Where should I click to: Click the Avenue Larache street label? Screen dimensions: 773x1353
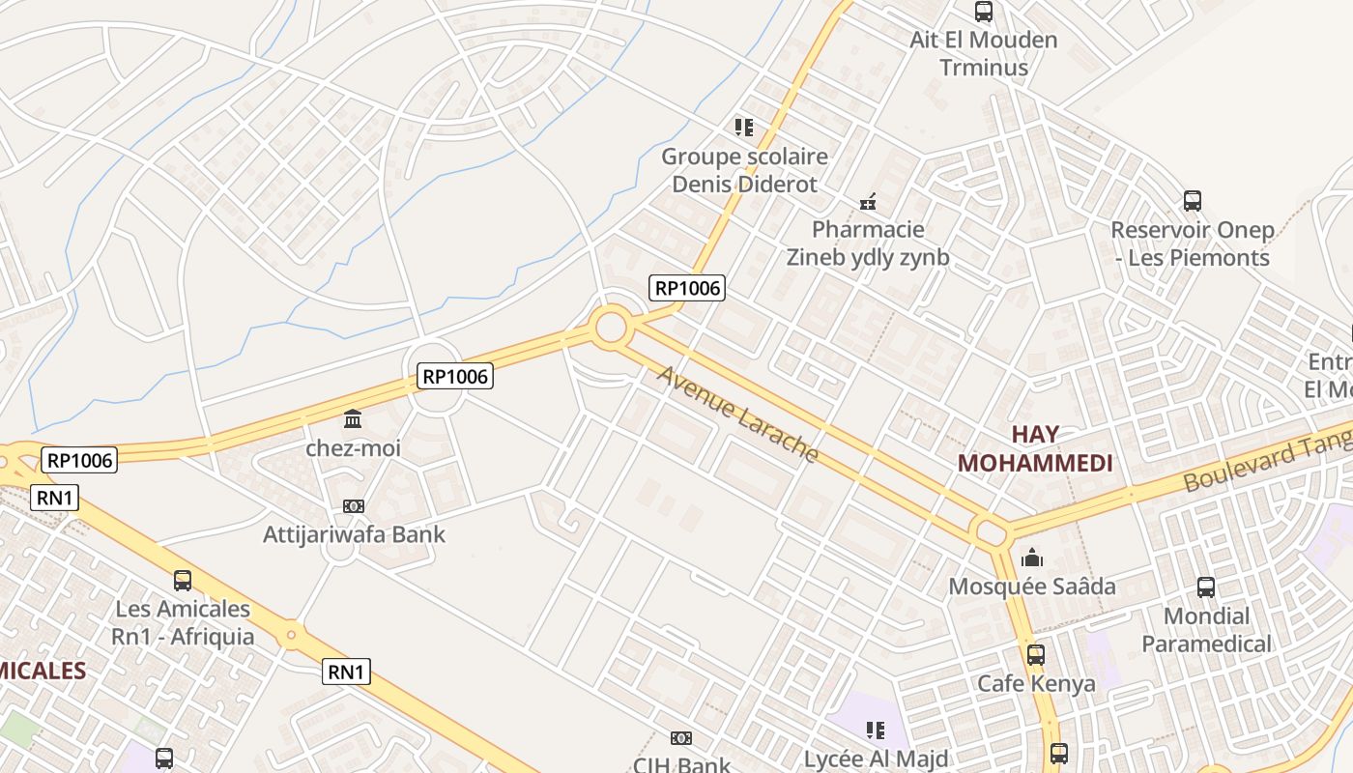[x=738, y=414]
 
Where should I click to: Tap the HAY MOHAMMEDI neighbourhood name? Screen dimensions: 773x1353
[x=1035, y=448]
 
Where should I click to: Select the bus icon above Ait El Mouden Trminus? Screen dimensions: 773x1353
[x=984, y=12]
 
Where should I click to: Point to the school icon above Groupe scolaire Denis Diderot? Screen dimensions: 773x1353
[x=743, y=127]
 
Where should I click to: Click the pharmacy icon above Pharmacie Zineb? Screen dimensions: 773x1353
[x=868, y=202]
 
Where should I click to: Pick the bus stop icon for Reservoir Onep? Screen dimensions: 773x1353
[x=1193, y=201]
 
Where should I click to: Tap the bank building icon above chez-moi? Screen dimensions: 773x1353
[x=353, y=419]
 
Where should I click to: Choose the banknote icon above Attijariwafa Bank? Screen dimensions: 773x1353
[x=353, y=505]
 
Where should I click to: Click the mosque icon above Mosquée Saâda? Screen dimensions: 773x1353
[x=1032, y=558]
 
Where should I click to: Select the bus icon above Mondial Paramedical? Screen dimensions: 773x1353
[x=1206, y=587]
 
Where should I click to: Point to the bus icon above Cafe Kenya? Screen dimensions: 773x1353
[x=1036, y=654]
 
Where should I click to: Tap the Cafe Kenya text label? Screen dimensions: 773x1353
[x=1036, y=683]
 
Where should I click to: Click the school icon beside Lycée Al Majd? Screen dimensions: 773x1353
[x=876, y=730]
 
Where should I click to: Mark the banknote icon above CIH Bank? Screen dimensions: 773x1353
[x=681, y=738]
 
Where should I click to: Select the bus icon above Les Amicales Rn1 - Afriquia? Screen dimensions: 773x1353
[x=183, y=580]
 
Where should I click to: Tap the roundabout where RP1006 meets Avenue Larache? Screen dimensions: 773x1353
[x=611, y=328]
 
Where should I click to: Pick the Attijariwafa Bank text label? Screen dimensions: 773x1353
[x=354, y=533]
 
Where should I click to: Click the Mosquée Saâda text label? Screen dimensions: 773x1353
[x=1032, y=586]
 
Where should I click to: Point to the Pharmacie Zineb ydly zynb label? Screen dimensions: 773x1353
[x=868, y=243]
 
